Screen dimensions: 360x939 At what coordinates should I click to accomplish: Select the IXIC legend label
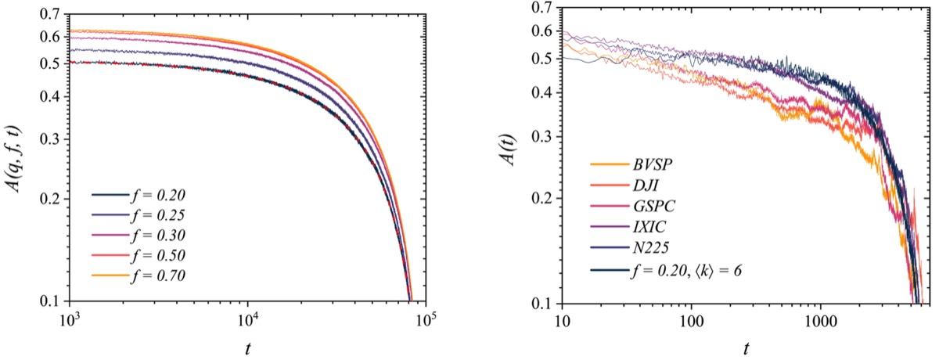(646, 229)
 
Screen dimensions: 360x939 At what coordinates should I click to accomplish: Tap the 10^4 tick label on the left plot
(247, 318)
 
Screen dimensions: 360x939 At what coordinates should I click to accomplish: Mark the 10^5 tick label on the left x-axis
(425, 318)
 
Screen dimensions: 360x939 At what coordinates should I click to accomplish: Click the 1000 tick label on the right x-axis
(820, 319)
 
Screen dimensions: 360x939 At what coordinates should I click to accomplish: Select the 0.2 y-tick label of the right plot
(543, 200)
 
